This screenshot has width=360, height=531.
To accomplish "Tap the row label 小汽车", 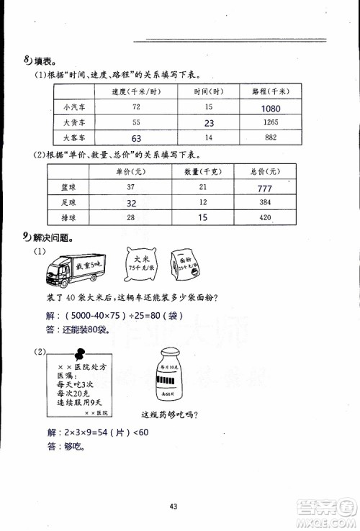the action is click(x=74, y=108).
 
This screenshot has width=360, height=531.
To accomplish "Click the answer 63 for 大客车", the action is click(x=135, y=137).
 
